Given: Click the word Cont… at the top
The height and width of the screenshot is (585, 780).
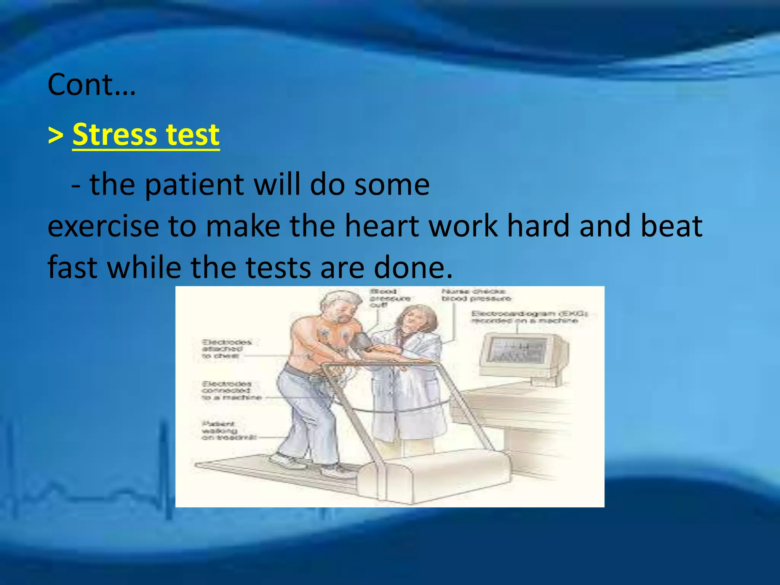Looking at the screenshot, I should [91, 85].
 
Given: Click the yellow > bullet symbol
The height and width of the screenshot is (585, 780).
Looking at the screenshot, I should [56, 135].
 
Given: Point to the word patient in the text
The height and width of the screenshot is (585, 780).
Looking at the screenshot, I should [194, 185].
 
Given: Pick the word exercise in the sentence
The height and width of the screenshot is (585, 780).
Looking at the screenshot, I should [103, 227].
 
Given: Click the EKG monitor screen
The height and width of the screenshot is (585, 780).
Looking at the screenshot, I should [518, 350].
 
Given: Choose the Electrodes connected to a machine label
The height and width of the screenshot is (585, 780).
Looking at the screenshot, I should [231, 390].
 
